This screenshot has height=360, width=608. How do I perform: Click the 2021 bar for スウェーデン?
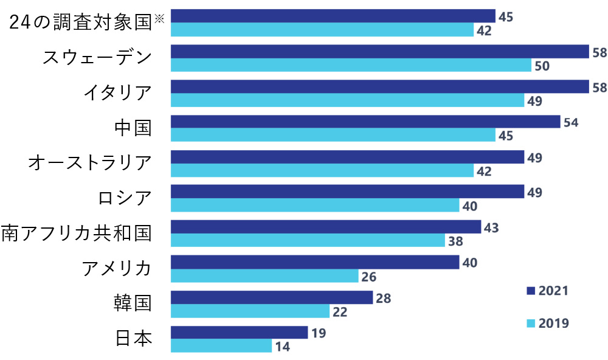tap(380, 52)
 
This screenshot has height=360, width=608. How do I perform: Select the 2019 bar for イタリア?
tap(347, 100)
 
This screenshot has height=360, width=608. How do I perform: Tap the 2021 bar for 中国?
tap(365, 122)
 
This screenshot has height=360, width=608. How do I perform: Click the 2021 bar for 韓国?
tap(272, 297)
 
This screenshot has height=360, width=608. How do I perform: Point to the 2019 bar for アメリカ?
tap(264, 276)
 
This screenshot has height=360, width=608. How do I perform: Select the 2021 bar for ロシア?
tap(347, 192)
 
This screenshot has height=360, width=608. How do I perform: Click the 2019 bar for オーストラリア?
tap(322, 171)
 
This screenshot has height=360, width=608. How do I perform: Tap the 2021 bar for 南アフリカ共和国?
tap(326, 227)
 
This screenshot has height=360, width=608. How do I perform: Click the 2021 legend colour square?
tap(530, 291)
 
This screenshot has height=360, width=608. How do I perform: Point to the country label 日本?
tap(133, 338)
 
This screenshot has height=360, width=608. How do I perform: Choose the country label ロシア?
tap(124, 198)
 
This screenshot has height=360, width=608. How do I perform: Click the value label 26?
tap(368, 277)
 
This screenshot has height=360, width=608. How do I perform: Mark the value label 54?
tap(570, 122)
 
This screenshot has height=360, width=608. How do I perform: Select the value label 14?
tap(282, 347)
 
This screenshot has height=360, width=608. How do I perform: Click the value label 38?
tap(455, 241)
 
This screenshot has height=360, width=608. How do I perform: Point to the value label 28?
tap(383, 298)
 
